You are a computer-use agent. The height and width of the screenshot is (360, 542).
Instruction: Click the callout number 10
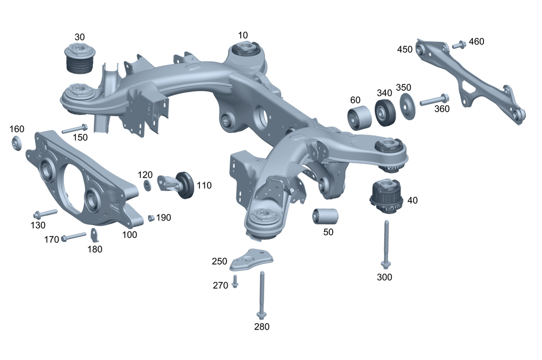(x=243, y=35)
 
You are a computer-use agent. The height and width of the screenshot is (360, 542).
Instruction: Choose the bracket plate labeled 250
(x=250, y=259)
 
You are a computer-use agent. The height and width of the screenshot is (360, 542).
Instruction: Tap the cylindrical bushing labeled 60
(x=359, y=117)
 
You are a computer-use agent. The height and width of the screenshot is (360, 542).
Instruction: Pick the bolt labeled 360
(x=434, y=100)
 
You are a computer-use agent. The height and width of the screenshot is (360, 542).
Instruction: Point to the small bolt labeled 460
(x=457, y=45)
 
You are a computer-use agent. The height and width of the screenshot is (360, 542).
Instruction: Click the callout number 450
(x=404, y=49)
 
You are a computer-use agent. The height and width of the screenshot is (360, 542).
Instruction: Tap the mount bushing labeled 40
(x=384, y=195)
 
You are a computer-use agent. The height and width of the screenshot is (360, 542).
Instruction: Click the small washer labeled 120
(x=147, y=185)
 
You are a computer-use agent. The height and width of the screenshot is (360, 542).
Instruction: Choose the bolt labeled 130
(x=45, y=213)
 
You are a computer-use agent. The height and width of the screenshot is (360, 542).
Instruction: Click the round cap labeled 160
(x=17, y=144)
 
